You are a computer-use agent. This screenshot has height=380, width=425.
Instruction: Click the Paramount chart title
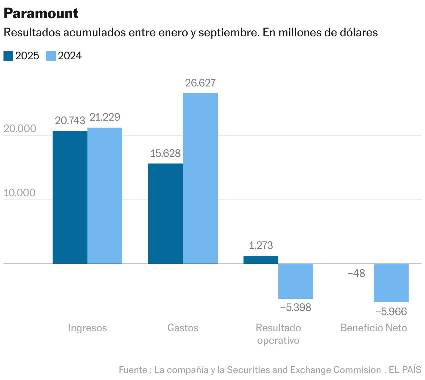tap(41, 13)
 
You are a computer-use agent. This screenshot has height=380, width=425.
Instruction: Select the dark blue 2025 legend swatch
tap(8, 56)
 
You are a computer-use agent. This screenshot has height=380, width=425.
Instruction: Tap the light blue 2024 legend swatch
tap(51, 56)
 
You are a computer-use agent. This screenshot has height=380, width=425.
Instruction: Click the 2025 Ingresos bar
tap(70, 197)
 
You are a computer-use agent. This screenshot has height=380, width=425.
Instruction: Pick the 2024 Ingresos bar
tap(105, 195)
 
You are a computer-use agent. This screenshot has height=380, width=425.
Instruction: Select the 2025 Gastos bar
tap(165, 213)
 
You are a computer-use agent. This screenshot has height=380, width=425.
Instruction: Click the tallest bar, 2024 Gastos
tap(200, 178)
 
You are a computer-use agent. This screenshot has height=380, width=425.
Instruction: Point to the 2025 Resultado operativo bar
tap(261, 260)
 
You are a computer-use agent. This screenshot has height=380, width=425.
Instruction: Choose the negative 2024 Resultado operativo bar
tap(296, 281)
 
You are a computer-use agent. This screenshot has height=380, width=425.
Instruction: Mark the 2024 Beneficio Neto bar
tap(391, 283)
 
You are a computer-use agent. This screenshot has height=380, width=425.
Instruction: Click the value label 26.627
tap(200, 83)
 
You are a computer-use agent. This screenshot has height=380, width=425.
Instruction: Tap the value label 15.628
tap(165, 153)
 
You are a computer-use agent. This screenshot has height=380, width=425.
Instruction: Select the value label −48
tap(356, 273)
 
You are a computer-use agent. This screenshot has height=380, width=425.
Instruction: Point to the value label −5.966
tap(391, 311)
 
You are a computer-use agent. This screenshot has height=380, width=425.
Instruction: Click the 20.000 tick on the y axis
tap(20, 129)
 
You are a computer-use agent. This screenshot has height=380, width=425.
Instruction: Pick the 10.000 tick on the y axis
tap(20, 193)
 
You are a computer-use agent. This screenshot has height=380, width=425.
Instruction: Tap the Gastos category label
tap(183, 328)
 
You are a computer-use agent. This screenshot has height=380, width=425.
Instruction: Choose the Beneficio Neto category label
tap(374, 328)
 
